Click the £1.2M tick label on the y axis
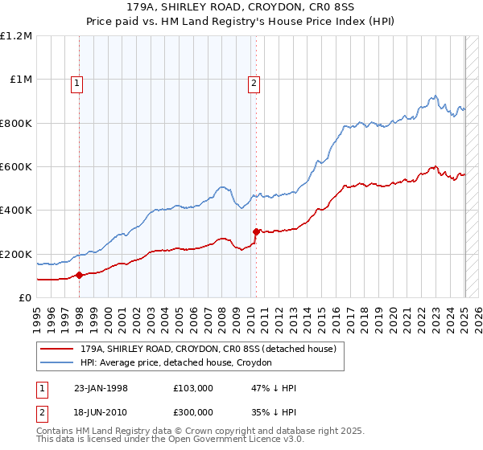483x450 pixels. coord(16,36)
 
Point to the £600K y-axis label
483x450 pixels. coord(16,167)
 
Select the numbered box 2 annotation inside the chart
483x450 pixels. coord(254,81)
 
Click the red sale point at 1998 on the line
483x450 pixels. coord(80,275)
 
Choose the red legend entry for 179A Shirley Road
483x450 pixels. coord(201,348)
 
